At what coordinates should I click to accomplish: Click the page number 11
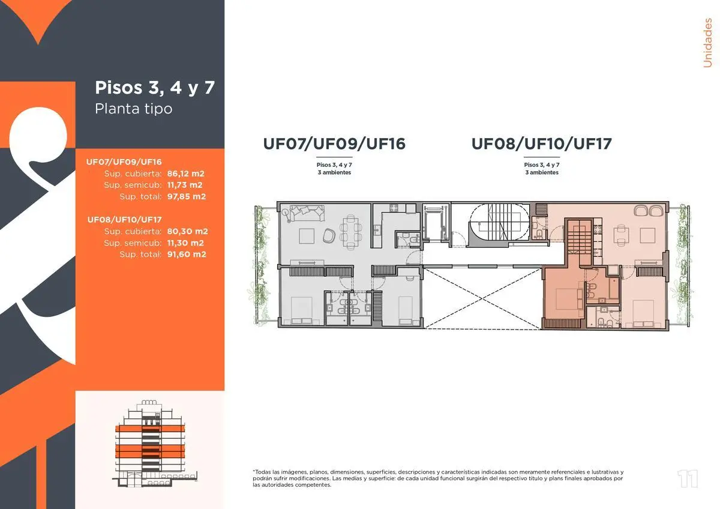click(x=688, y=479)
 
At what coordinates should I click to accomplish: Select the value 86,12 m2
click(x=187, y=173)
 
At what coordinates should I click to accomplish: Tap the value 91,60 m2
click(x=187, y=254)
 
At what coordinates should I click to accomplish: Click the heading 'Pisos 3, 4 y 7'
click(x=155, y=88)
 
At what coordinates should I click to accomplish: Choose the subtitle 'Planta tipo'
click(x=134, y=109)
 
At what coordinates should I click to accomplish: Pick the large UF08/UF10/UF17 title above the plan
click(x=541, y=144)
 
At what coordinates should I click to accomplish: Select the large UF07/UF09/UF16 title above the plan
click(x=334, y=144)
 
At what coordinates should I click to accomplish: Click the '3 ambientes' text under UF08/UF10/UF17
click(x=542, y=172)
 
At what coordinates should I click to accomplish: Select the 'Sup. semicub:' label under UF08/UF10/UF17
click(x=133, y=243)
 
